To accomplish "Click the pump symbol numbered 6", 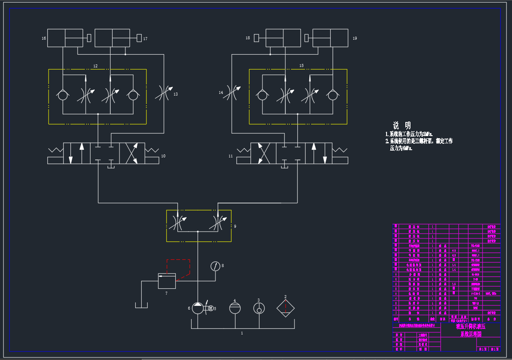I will click(198, 308).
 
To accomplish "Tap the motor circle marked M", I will click(210, 308).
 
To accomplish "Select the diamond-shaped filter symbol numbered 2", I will click(285, 308).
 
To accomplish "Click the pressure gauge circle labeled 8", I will click(215, 266).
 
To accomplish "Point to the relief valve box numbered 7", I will click(166, 281).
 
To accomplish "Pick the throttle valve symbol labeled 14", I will click(231, 93).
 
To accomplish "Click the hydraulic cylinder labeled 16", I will click(65, 38).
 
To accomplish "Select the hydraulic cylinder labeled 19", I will click(330, 38).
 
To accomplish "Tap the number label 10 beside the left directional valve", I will click(163, 156).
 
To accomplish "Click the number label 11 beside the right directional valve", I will click(231, 156).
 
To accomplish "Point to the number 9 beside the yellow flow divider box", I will click(235, 226).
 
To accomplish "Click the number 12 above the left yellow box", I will click(95, 66).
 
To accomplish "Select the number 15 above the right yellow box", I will click(301, 66).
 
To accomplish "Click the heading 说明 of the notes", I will click(401, 125).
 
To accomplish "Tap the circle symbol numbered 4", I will click(235, 308).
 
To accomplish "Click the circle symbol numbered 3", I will click(259, 308).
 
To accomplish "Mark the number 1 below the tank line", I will click(242, 333).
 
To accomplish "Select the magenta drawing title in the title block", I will click(471, 331).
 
